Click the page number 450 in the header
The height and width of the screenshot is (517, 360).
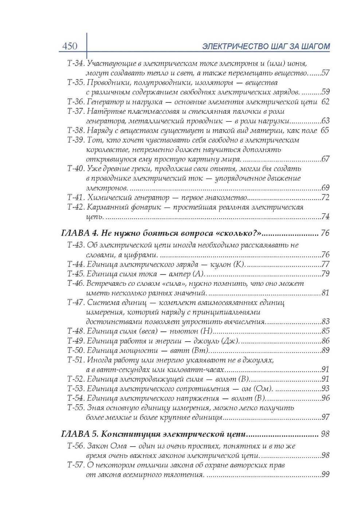tap(70, 46)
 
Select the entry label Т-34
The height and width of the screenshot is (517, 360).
tap(76, 63)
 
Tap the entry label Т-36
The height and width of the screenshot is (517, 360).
tap(76, 102)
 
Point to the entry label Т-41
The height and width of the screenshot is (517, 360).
tap(76, 198)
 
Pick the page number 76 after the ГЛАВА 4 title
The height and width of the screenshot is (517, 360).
tap(325, 233)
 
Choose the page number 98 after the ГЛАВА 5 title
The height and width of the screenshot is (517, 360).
tap(325, 434)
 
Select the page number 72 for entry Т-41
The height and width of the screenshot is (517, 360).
tap(325, 198)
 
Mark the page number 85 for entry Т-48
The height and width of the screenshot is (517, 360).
tap(325, 331)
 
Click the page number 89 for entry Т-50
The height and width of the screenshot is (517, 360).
tap(325, 350)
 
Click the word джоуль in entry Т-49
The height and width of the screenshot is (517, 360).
tap(207, 341)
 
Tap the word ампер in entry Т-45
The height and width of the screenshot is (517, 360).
tap(180, 274)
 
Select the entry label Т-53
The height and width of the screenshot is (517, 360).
tap(76, 389)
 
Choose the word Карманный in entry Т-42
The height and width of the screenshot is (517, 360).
tap(106, 207)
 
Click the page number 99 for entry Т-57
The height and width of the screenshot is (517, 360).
tap(325, 474)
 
